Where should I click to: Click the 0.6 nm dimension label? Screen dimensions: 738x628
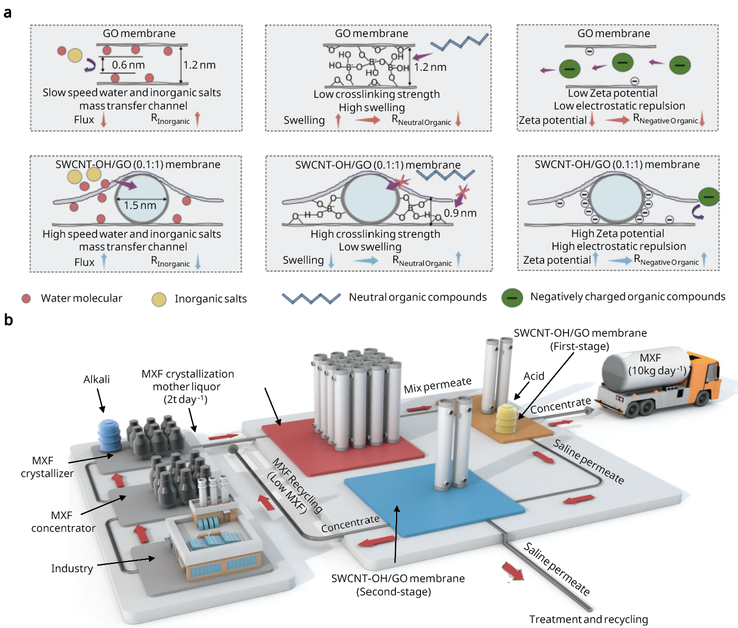128,65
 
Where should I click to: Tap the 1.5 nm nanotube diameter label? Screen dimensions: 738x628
140,206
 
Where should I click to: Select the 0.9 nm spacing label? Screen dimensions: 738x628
460,213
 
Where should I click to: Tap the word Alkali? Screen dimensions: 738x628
97,379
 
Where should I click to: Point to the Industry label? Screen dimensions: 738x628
72,568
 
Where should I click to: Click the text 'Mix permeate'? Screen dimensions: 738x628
437,385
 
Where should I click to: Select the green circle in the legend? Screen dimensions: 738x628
512,298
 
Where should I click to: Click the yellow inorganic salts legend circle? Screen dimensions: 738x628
159,300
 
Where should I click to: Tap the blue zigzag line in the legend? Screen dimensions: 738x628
311,299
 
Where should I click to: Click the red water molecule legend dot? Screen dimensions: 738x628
26,299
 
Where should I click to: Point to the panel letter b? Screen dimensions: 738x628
8,320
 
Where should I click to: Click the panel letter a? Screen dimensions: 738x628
8,13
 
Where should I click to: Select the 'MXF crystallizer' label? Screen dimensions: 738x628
47,467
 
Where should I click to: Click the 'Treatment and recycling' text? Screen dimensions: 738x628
588,619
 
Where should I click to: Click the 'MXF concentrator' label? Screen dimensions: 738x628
63,521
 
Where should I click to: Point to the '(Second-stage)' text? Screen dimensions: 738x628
393,592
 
